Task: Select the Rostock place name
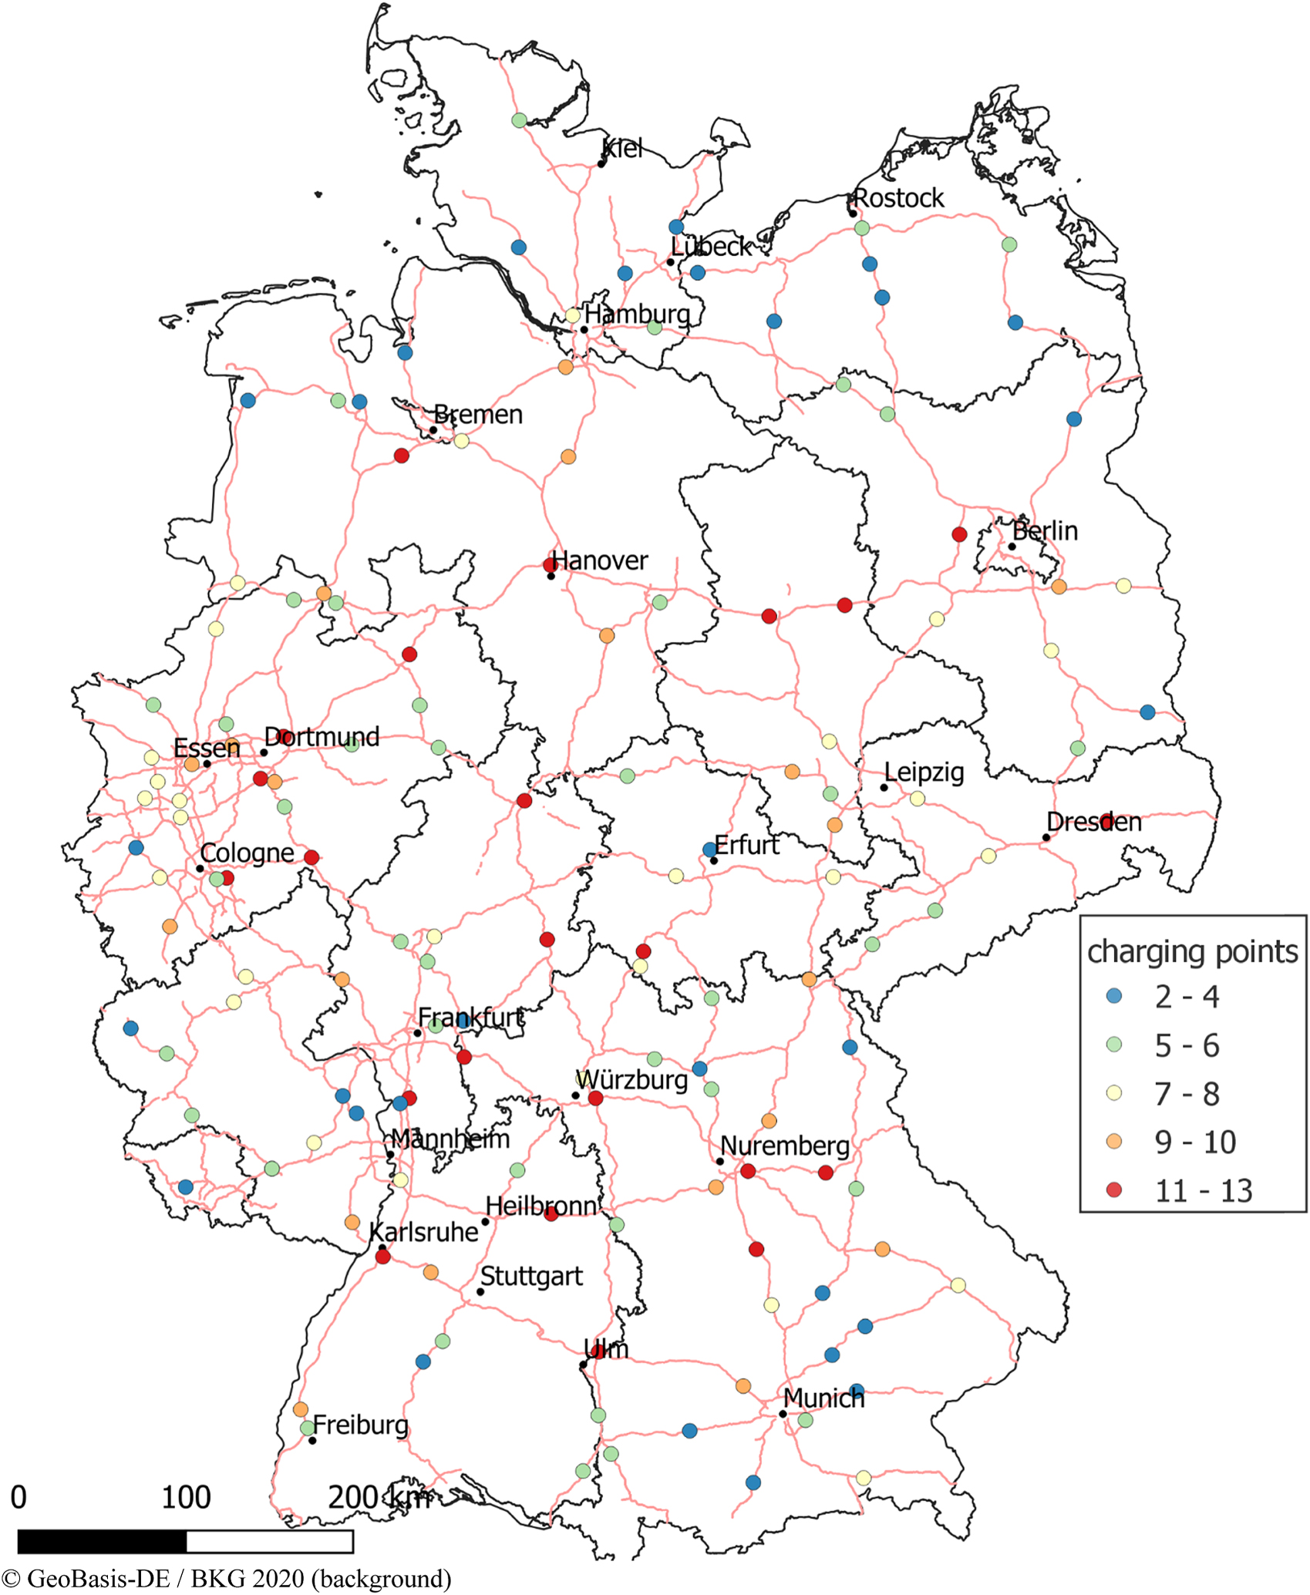pos(898,198)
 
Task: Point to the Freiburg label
pos(360,1425)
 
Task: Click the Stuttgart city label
pos(531,1276)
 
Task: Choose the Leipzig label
pos(924,772)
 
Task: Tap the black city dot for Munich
pos(783,1414)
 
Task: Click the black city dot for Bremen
pos(433,430)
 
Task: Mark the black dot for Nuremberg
pos(720,1161)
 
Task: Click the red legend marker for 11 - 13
pos(1113,1190)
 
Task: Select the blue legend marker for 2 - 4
pos(1113,995)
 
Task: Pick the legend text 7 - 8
pos(1187,1094)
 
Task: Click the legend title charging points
pos(1192,951)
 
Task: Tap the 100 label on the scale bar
pos(186,1498)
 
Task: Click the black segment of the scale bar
pos(102,1542)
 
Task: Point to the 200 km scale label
pos(379,1498)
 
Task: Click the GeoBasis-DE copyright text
pos(226,1578)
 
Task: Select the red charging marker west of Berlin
pos(959,534)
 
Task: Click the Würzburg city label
pos(631,1080)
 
